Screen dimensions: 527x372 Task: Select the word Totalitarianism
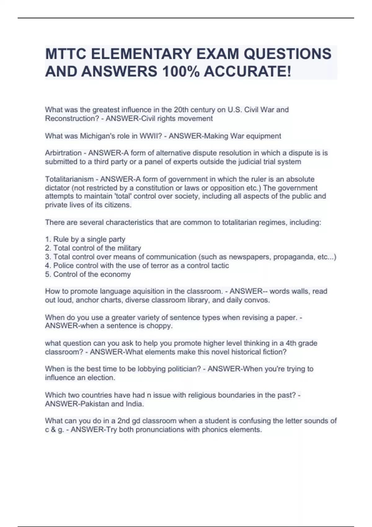click(x=69, y=179)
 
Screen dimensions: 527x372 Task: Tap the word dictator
click(x=57, y=188)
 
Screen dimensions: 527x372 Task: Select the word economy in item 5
click(x=116, y=274)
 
